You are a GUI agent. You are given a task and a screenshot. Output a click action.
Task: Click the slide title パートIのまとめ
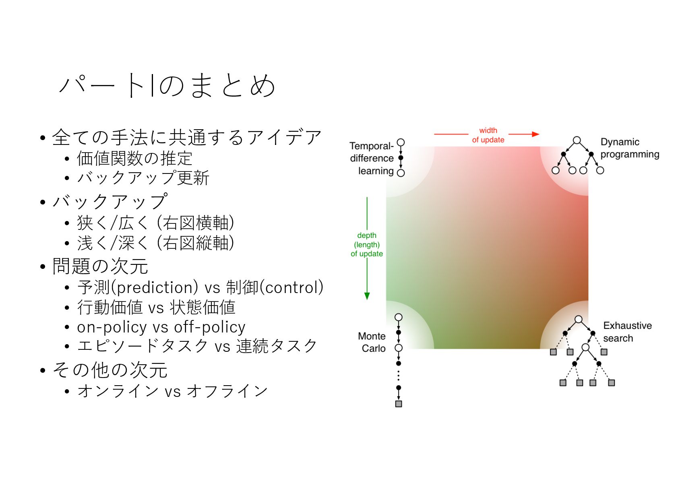(167, 85)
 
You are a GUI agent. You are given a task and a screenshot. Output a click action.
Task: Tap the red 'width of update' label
(488, 135)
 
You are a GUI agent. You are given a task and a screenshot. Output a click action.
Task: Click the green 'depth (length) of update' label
(367, 244)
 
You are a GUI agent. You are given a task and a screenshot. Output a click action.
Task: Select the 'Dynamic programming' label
(630, 148)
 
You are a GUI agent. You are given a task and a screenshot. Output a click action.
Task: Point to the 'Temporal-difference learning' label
(372, 159)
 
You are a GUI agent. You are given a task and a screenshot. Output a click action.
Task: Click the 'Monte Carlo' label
(372, 342)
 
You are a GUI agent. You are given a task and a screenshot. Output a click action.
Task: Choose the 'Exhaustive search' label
(627, 332)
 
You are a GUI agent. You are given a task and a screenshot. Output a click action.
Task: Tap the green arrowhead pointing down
(367, 296)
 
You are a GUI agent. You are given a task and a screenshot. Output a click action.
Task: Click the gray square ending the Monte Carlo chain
(399, 404)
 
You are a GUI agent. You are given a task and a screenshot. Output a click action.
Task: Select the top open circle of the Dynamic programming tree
(577, 140)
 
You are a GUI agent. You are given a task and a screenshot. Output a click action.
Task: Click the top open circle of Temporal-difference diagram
(401, 142)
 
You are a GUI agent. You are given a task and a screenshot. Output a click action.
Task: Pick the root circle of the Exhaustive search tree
(579, 319)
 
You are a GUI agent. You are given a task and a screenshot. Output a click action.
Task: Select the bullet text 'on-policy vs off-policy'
(161, 327)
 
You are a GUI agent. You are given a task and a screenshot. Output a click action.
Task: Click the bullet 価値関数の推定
(134, 158)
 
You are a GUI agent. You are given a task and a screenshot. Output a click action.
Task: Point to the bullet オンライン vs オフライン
(172, 390)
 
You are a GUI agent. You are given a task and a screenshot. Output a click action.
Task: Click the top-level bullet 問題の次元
(100, 266)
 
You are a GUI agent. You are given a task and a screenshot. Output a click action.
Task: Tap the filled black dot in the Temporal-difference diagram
(401, 158)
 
